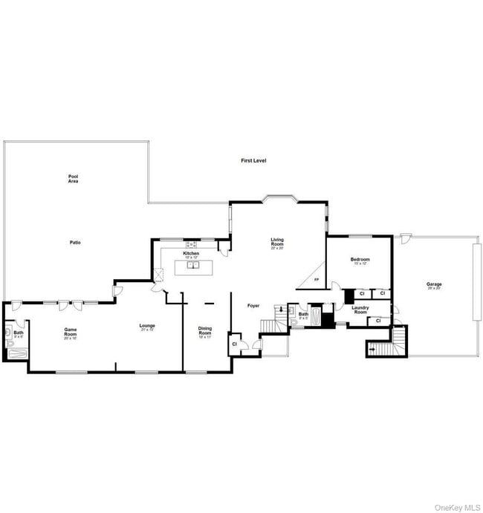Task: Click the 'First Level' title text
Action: [x=253, y=160]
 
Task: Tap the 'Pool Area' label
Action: [x=74, y=178]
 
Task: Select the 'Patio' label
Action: [x=75, y=243]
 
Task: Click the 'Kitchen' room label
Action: [x=192, y=253]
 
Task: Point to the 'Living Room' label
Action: [x=277, y=243]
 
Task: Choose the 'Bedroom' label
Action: [x=360, y=259]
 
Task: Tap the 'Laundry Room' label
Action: [x=360, y=310]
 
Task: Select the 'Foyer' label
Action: [x=253, y=305]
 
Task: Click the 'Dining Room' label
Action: [x=205, y=331]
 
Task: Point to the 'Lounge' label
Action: [x=147, y=325]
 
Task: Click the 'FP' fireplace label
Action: [x=316, y=280]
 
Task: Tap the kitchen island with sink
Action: [x=193, y=267]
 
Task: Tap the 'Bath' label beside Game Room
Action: [x=18, y=333]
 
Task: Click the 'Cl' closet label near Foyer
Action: [x=234, y=344]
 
